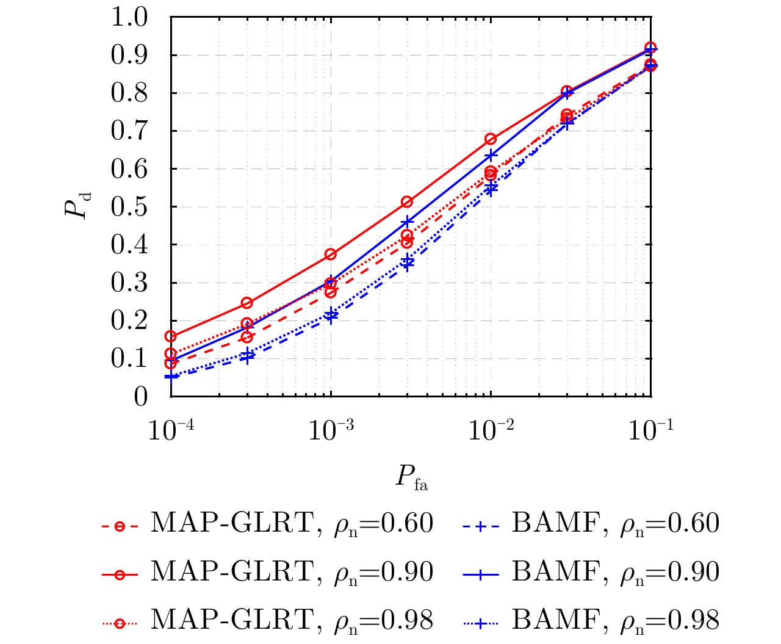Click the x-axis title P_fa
point(411,477)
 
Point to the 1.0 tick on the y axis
point(129,17)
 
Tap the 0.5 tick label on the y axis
point(129,207)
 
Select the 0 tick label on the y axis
point(141,397)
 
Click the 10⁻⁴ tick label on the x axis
point(170,431)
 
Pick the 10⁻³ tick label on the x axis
point(330,431)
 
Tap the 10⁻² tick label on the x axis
point(490,431)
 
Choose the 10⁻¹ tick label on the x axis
point(650,431)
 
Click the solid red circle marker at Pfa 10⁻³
point(330,254)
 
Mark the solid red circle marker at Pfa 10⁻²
point(490,139)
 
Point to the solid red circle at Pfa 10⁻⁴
point(170,336)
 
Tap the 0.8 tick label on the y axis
point(129,93)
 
